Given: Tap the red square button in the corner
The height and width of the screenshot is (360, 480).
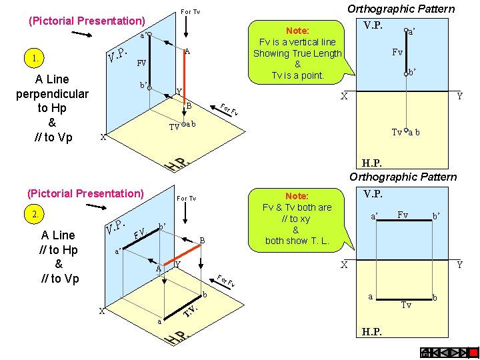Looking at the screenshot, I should click(473, 353).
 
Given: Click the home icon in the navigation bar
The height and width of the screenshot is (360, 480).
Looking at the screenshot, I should click(424, 353).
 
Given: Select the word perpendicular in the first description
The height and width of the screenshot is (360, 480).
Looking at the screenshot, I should click(52, 93).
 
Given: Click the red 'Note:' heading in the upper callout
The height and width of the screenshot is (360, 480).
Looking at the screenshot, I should click(297, 31).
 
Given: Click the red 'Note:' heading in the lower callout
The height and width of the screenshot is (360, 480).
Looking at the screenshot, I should click(297, 196).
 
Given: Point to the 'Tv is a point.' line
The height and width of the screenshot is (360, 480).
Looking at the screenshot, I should click(297, 75).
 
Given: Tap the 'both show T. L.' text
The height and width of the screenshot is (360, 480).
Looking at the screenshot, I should click(297, 241).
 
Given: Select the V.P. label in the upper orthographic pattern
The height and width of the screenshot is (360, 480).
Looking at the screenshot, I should click(373, 25).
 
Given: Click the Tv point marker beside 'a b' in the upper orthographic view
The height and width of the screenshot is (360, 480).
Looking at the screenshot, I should click(405, 131).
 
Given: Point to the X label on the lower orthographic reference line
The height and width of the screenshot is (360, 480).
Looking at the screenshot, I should click(345, 265).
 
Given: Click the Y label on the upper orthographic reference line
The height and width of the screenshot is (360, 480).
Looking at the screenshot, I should click(459, 97).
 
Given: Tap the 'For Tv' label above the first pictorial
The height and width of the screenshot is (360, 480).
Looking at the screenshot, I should click(190, 12).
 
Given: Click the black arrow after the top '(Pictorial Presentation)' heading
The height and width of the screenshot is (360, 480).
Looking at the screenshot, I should click(81, 34).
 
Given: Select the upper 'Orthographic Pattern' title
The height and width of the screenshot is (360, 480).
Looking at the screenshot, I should click(401, 9).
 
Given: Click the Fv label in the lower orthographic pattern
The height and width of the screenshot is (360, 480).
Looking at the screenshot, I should click(403, 215).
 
